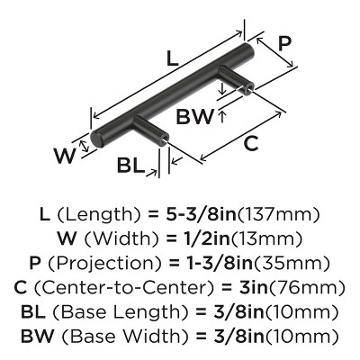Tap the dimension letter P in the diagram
[x=284, y=44]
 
